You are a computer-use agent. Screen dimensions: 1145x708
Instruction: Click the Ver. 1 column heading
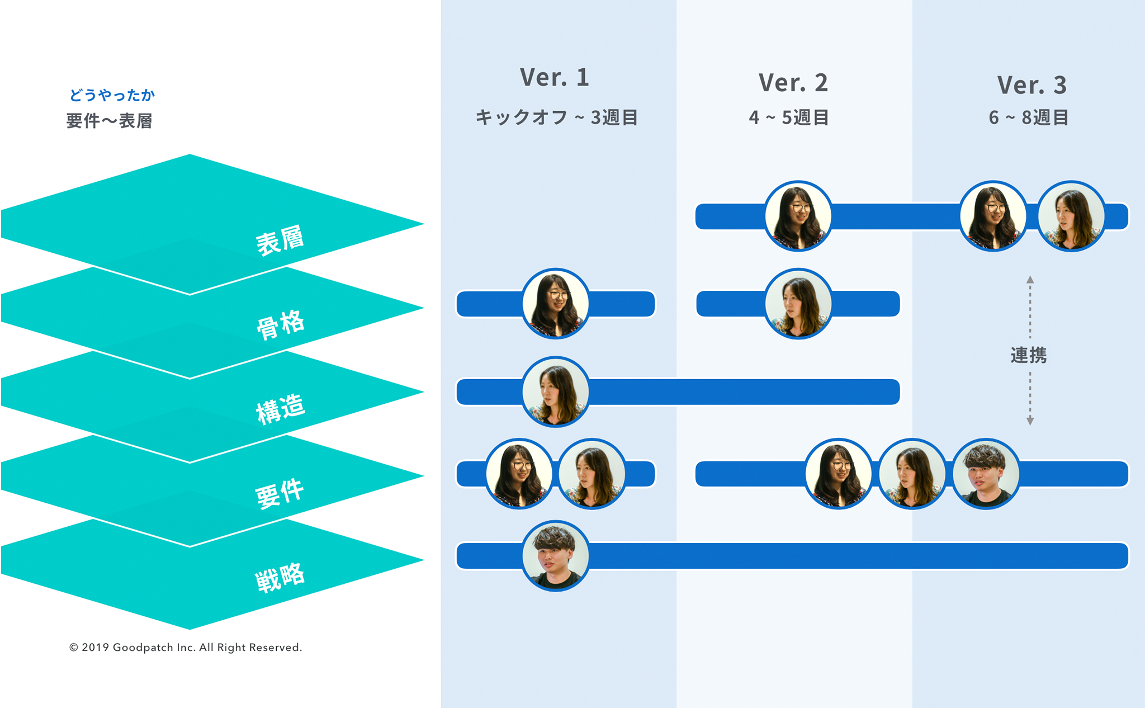coord(554,77)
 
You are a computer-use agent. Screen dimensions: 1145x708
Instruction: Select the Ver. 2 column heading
coord(793,83)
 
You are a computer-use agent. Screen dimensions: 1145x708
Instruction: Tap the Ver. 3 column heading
coord(1032,85)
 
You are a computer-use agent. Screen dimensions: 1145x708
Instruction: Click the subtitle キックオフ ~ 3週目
coord(556,117)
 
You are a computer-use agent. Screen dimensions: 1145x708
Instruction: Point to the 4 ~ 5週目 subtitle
coord(789,117)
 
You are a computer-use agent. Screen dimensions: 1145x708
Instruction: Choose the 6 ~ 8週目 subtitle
coord(1029,117)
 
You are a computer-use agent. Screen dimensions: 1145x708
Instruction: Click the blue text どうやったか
coord(112,95)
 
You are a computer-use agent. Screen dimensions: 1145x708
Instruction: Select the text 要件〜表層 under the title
coord(109,121)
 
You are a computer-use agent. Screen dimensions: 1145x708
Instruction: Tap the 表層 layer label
coord(280,240)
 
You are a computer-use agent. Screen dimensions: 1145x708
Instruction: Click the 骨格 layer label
coord(280,324)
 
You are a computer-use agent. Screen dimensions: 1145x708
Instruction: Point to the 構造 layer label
coord(280,408)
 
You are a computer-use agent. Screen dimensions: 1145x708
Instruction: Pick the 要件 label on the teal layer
coord(280,493)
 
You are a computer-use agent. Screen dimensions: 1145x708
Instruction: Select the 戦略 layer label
coord(280,577)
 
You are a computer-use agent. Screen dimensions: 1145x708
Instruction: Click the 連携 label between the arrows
coord(1029,355)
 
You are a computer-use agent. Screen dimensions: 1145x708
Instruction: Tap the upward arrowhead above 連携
coord(1030,279)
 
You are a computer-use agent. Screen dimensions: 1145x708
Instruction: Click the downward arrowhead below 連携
coord(1030,421)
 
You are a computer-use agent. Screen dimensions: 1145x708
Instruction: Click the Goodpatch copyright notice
coord(186,647)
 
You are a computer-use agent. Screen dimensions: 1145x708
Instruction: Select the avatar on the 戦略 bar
coord(555,556)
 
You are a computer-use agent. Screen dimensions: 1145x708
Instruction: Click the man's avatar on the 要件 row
coord(986,474)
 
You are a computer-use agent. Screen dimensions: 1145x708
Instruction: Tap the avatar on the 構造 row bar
coord(555,391)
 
